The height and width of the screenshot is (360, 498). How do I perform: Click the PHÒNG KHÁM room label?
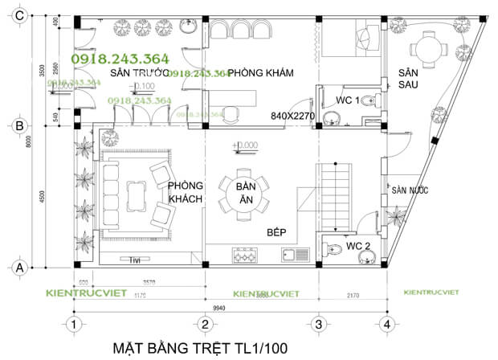click(259, 73)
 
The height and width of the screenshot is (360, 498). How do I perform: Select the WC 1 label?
click(347, 100)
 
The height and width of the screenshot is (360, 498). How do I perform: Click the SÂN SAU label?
click(408, 79)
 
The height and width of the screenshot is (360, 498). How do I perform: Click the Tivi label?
click(135, 259)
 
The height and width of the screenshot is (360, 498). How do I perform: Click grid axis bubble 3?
click(318, 324)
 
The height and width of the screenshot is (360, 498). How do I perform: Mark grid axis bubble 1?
click(74, 324)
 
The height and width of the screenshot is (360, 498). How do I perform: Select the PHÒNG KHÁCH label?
click(186, 191)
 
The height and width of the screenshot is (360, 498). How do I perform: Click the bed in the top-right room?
click(353, 39)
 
